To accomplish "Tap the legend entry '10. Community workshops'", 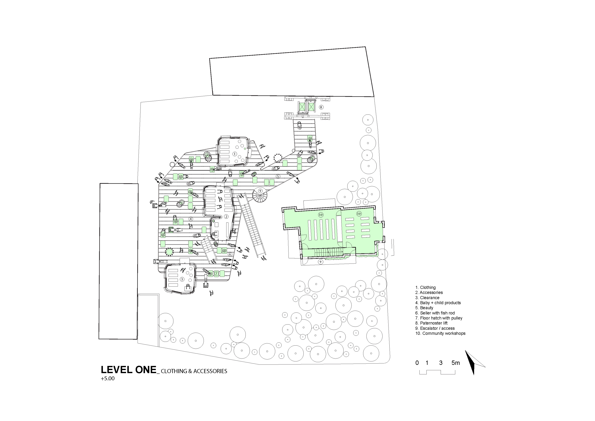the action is click(440, 333).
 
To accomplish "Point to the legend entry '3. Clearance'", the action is click(427, 298).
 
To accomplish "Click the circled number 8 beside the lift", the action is click(321, 107).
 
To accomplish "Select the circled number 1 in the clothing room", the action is click(235, 154).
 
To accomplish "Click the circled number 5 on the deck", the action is click(278, 176).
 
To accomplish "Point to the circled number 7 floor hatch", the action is click(216, 273).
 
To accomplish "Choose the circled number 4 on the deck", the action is click(191, 219).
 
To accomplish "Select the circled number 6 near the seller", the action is click(230, 254).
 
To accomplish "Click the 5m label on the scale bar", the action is click(456, 363).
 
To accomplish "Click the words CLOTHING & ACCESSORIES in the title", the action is click(194, 371).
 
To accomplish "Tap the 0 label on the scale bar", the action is click(417, 363).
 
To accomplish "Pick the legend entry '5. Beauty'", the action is click(424, 308).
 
